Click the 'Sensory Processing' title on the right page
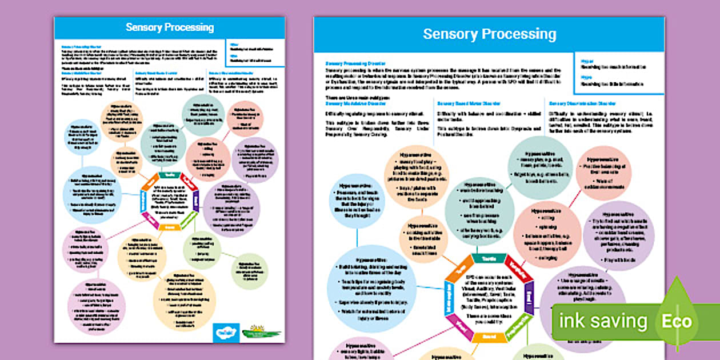[489, 34]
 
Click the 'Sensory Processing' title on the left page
[170, 27]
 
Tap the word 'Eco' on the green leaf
[677, 321]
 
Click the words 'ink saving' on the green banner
[603, 322]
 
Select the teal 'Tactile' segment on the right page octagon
[488, 259]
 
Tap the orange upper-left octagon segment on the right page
[457, 272]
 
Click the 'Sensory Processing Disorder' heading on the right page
[356, 63]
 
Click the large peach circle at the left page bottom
[185, 299]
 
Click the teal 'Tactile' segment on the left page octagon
[170, 175]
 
